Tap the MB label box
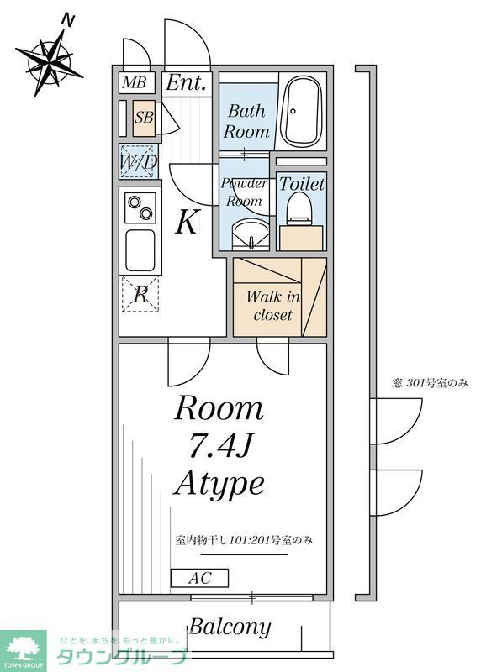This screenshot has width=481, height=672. pyautogui.click(x=132, y=83)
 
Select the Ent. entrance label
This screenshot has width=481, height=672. pyautogui.click(x=185, y=83)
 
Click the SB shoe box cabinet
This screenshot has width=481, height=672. pyautogui.click(x=144, y=118)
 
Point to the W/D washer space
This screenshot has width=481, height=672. pyautogui.click(x=138, y=162)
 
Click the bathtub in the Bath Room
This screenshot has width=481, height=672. pyautogui.click(x=302, y=112)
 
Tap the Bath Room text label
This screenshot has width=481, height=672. pyautogui.click(x=246, y=121)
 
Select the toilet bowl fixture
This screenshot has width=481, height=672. pyautogui.click(x=300, y=209)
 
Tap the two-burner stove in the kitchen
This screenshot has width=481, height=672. pyautogui.click(x=140, y=206)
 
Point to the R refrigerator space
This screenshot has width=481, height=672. pyautogui.click(x=140, y=294)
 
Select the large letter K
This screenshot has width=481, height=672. pyautogui.click(x=187, y=223)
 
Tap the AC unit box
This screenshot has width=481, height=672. pyautogui.click(x=198, y=578)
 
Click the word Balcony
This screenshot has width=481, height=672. pyautogui.click(x=230, y=627)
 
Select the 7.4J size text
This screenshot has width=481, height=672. pyautogui.click(x=219, y=446)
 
